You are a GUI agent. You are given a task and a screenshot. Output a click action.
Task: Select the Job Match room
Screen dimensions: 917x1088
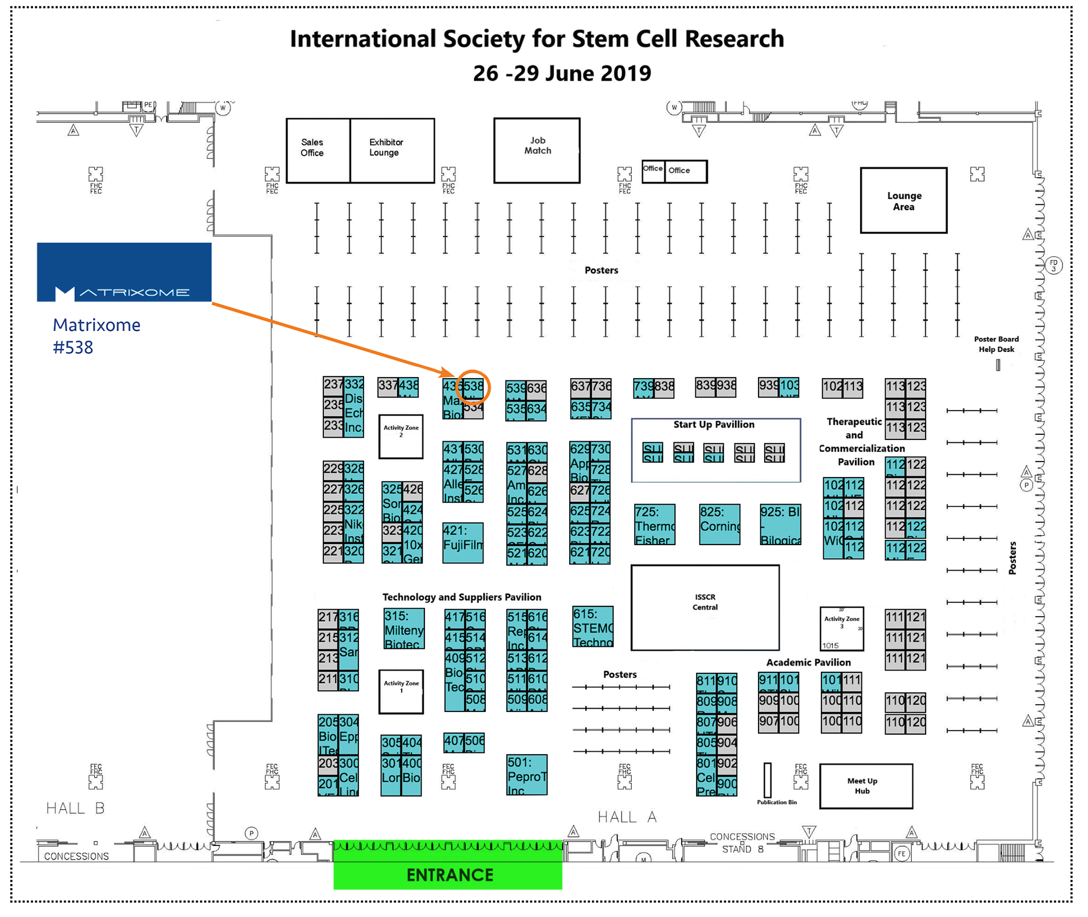pos(537,150)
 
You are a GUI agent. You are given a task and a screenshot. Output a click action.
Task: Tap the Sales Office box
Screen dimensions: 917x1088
pos(318,150)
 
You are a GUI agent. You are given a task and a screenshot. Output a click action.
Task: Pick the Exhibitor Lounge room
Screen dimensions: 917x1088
pos(392,150)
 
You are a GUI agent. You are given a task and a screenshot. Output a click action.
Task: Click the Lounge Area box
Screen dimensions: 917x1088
pos(903,200)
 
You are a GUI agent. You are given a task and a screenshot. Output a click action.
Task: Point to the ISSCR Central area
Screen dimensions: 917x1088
pos(705,607)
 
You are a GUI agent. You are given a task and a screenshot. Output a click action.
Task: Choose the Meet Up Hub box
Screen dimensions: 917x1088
pos(866,786)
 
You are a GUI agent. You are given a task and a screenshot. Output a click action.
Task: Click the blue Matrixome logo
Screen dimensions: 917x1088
pos(124,272)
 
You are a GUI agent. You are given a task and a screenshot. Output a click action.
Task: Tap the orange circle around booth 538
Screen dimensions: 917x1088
pos(473,388)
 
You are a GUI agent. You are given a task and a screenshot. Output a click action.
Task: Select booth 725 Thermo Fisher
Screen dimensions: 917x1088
pos(655,525)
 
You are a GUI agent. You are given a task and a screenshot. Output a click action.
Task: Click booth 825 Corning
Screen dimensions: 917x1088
pos(720,525)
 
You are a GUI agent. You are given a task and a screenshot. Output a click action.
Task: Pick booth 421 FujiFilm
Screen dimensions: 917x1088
pos(463,543)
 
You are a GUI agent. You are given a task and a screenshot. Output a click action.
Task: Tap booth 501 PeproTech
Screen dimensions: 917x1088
pos(527,774)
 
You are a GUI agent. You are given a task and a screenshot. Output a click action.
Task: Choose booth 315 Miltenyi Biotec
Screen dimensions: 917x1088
pos(404,629)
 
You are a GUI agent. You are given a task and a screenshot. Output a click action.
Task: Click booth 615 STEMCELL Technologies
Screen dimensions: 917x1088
pos(593,627)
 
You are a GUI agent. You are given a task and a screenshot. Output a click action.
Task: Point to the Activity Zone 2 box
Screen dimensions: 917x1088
pos(401,436)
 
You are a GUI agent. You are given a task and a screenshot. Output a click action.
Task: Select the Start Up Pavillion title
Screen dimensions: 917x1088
pos(714,425)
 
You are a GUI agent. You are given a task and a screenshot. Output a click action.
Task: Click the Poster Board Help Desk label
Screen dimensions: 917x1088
pos(996,344)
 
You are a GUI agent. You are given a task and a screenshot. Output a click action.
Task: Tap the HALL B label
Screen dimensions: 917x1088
pos(75,808)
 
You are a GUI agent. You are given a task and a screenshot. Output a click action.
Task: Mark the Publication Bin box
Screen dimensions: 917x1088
pos(768,780)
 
